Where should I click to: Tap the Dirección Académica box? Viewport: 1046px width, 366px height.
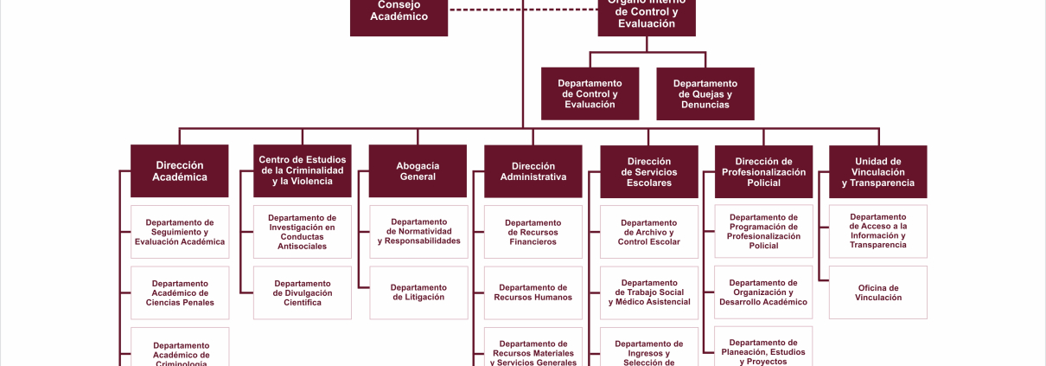[180, 170]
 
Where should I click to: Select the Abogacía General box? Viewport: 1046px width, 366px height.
[418, 170]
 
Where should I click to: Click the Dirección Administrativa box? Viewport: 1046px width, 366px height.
[533, 170]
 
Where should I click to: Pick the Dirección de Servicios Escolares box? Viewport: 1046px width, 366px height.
[648, 171]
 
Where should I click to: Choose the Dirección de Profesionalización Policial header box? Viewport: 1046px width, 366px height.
[763, 171]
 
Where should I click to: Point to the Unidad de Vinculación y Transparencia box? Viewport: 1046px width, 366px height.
[877, 171]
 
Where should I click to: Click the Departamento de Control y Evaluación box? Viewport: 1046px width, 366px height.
[590, 93]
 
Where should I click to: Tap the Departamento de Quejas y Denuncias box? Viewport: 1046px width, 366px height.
[705, 93]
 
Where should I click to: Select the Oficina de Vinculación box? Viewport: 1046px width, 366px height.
[877, 292]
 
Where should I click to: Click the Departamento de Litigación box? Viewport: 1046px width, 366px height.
[418, 292]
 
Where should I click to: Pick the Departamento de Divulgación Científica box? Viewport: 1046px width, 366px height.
[303, 292]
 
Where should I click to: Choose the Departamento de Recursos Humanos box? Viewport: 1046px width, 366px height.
[533, 292]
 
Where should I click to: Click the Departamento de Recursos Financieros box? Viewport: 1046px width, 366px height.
[533, 232]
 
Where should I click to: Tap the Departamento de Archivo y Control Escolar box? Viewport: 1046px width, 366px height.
[648, 232]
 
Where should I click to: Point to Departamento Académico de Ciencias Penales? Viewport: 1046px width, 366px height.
[180, 292]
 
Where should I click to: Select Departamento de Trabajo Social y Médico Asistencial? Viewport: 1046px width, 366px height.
[648, 292]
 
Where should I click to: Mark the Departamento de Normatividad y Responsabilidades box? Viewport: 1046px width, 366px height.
[418, 232]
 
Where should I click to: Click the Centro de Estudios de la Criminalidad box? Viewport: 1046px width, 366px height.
[303, 170]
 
